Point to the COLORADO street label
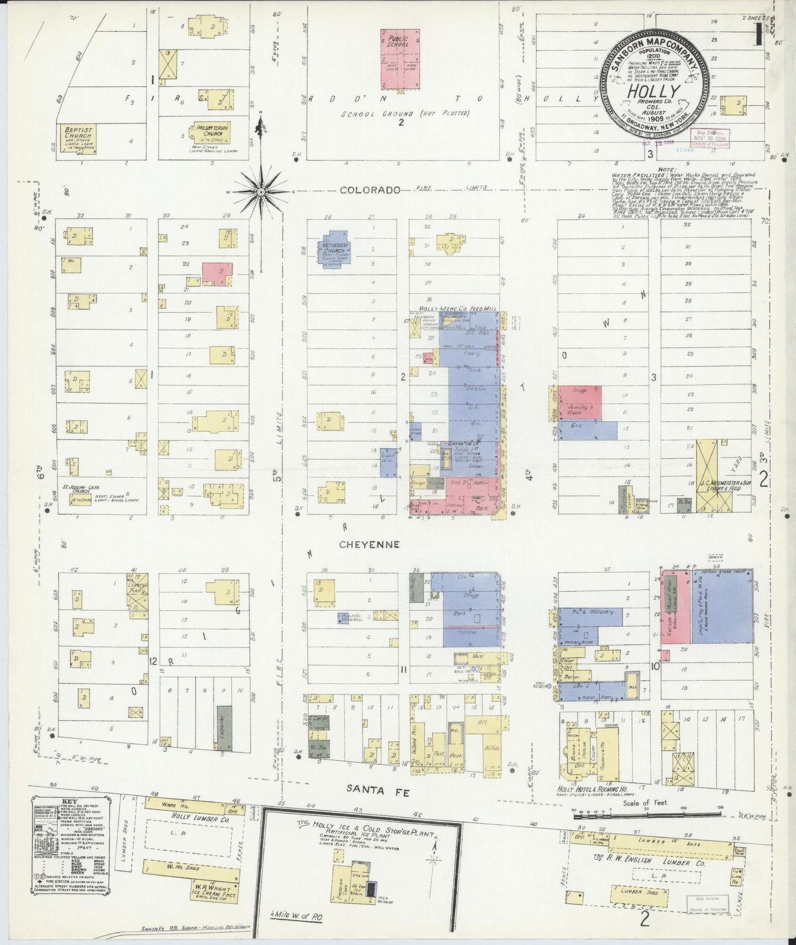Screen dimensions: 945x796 [x=369, y=190]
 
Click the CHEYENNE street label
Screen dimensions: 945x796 [x=369, y=544]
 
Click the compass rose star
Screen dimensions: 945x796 [x=261, y=192]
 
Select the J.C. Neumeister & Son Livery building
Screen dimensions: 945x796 [x=714, y=486]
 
